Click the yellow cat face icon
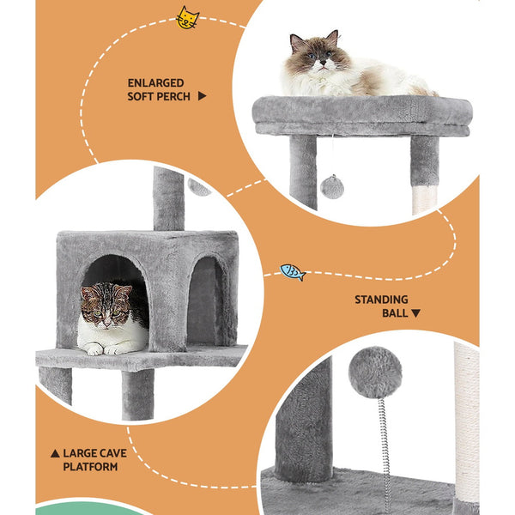[187, 18]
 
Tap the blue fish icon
[293, 273]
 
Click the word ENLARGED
[156, 83]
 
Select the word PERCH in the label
[174, 97]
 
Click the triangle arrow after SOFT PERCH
[203, 97]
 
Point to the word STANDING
[381, 300]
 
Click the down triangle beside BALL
[416, 314]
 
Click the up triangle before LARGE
[55, 452]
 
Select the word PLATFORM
[90, 466]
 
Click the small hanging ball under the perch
[332, 186]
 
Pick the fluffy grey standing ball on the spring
[375, 373]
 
